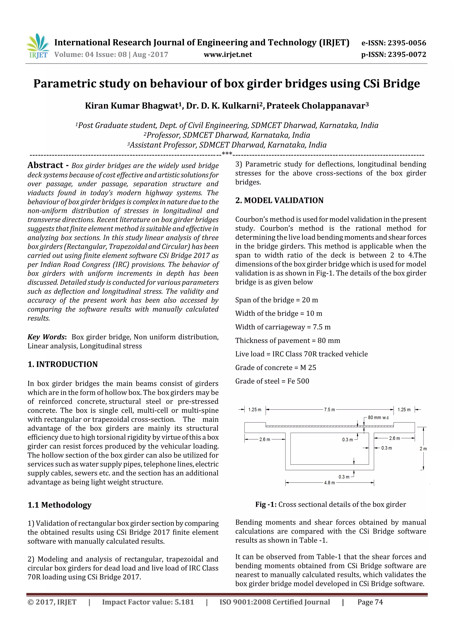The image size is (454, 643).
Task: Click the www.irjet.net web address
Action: [x=228, y=55]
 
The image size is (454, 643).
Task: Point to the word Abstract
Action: [x=45, y=165]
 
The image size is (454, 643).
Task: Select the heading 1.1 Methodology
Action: [x=59, y=505]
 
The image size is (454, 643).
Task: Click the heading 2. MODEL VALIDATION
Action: [x=279, y=200]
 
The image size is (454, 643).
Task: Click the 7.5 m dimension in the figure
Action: [x=329, y=410]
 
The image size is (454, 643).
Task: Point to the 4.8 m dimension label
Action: [x=329, y=483]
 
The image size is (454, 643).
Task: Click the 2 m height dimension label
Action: [x=423, y=449]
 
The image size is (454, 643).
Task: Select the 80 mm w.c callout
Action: [x=378, y=417]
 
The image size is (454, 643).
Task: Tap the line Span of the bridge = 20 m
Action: [x=276, y=300]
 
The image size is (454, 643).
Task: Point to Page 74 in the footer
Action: [x=370, y=602]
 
